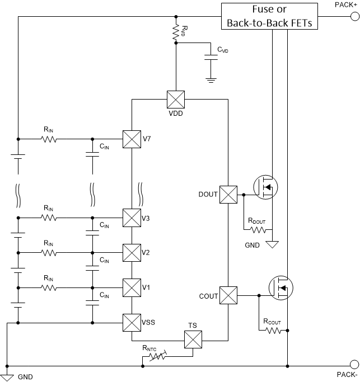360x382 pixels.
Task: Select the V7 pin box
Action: coord(131,138)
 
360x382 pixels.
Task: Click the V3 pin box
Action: coord(131,217)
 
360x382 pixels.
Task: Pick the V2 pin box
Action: coord(131,252)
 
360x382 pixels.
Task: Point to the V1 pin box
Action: coord(131,287)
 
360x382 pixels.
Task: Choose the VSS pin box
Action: coord(131,323)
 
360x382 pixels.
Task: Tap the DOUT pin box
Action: coord(228,195)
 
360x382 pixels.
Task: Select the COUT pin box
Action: coord(228,295)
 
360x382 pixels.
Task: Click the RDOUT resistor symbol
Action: coord(258,229)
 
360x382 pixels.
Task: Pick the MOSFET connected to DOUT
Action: coord(266,187)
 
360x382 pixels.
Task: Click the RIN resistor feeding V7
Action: coord(48,138)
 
